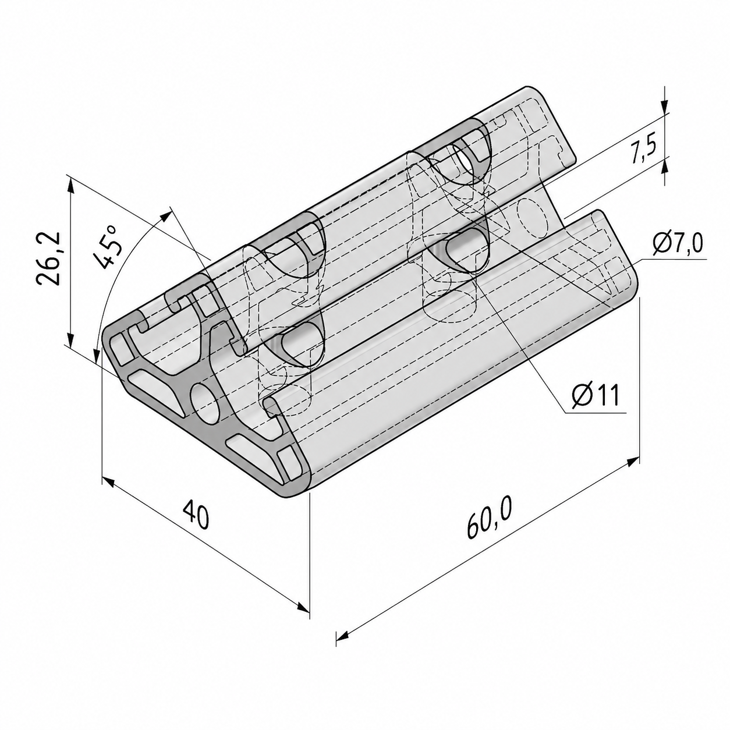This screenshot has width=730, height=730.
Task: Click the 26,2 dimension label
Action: (48, 258)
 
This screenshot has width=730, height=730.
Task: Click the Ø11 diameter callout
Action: (595, 394)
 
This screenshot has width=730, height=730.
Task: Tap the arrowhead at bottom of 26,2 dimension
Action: (70, 338)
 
